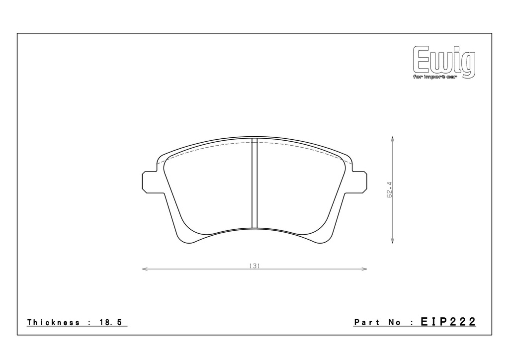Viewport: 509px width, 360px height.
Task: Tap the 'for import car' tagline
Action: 434,77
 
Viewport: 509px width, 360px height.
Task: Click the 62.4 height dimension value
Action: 389,189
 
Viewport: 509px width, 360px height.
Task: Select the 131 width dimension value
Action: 254,266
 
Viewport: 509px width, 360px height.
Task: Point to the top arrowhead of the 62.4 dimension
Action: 393,138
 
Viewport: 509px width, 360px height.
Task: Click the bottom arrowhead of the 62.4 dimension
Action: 393,241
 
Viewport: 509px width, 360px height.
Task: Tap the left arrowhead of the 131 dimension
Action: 145,269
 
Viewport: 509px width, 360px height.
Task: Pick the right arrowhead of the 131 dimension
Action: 364,269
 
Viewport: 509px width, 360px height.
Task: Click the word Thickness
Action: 53,322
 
